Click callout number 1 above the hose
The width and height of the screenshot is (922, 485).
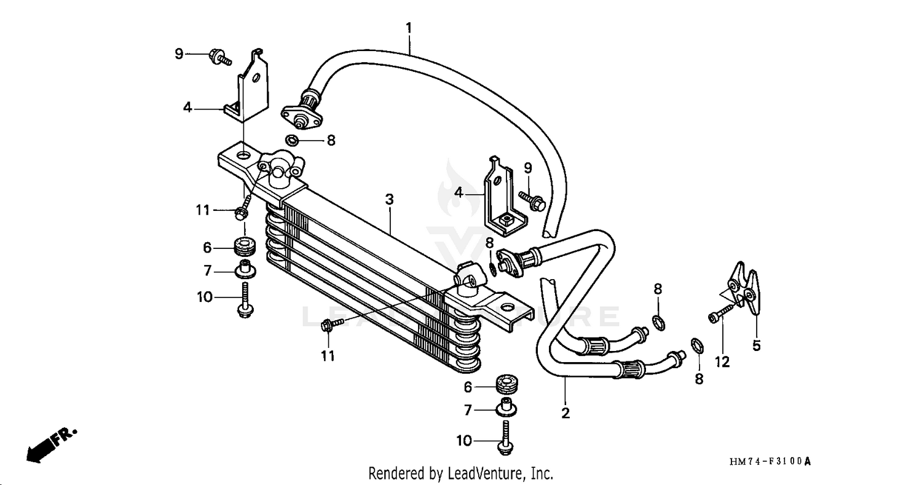tap(409, 28)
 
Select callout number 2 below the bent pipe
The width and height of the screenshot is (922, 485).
tap(565, 413)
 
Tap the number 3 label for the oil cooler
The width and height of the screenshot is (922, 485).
tap(389, 200)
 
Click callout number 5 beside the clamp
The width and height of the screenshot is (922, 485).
tap(757, 345)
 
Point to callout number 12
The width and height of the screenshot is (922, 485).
tap(722, 362)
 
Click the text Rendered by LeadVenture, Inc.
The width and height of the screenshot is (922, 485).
tap(460, 473)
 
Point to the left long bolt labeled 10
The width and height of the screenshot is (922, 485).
tap(244, 300)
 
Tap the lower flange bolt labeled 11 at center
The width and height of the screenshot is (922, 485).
tap(326, 326)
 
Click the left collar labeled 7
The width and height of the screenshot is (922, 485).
tap(244, 269)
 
